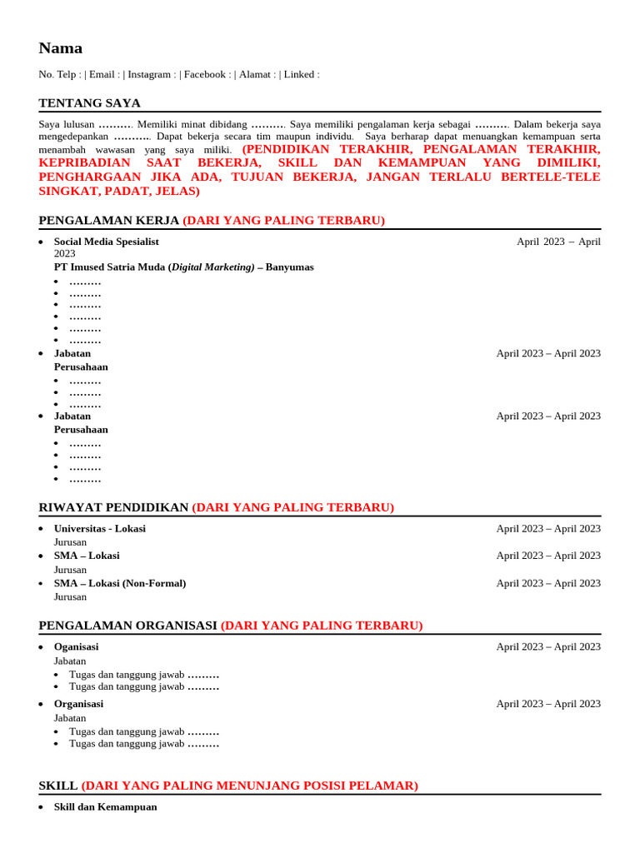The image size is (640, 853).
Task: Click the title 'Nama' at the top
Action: (60, 48)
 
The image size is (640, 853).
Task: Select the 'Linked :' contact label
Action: (301, 74)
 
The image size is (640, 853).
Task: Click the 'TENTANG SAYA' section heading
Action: (89, 103)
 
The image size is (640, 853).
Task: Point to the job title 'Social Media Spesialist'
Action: (106, 242)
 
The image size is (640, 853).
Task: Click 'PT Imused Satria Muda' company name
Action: (109, 267)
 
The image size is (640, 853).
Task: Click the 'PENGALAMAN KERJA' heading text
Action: (108, 221)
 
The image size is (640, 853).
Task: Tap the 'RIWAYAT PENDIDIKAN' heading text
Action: (113, 507)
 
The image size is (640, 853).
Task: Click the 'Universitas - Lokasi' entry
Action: (99, 529)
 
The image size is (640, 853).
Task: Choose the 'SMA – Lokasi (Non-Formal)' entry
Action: (120, 583)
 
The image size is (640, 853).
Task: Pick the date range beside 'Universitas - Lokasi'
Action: (547, 529)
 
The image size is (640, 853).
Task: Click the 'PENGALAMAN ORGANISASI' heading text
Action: (127, 626)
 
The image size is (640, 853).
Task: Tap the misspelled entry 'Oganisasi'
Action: (76, 647)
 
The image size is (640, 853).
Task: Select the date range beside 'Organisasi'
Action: (547, 704)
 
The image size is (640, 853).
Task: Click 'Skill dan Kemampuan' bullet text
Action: (105, 807)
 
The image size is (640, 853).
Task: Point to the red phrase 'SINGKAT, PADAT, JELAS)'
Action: (119, 191)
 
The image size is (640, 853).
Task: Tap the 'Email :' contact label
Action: (103, 74)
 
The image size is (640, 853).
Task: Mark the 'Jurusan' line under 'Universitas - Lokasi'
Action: (70, 542)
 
